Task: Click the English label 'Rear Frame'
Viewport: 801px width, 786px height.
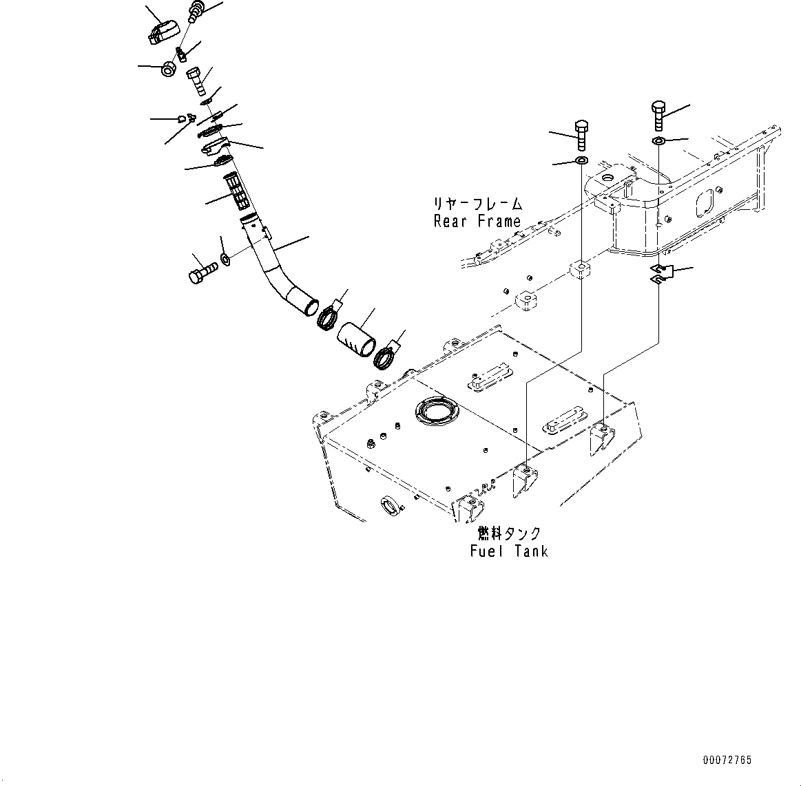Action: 477,222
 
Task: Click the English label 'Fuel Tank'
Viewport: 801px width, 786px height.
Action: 509,551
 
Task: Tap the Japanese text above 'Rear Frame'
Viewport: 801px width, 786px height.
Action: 477,204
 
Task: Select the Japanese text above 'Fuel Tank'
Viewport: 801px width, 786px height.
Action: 509,534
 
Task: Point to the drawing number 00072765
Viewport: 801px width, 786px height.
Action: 727,761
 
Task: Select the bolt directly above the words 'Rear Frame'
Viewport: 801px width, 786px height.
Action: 581,135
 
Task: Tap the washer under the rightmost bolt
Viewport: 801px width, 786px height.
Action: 658,141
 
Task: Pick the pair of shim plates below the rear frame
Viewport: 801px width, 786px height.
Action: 660,273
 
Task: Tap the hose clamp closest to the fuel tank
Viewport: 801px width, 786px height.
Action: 386,358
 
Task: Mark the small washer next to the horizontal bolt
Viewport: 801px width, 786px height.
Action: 225,259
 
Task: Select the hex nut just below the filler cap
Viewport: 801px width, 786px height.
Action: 167,70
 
